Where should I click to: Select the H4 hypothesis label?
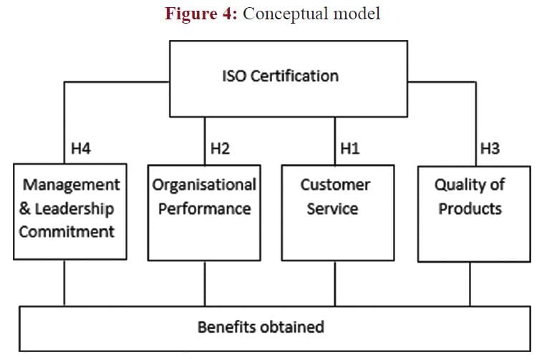coord(81,149)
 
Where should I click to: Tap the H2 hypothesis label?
coord(219,149)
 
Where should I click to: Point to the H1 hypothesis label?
coord(350,149)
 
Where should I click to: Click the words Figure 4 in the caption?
coord(200,14)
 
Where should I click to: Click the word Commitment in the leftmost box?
coord(67,232)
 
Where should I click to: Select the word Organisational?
coord(204,185)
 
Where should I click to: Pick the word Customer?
coord(335,185)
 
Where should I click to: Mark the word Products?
coord(470,209)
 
